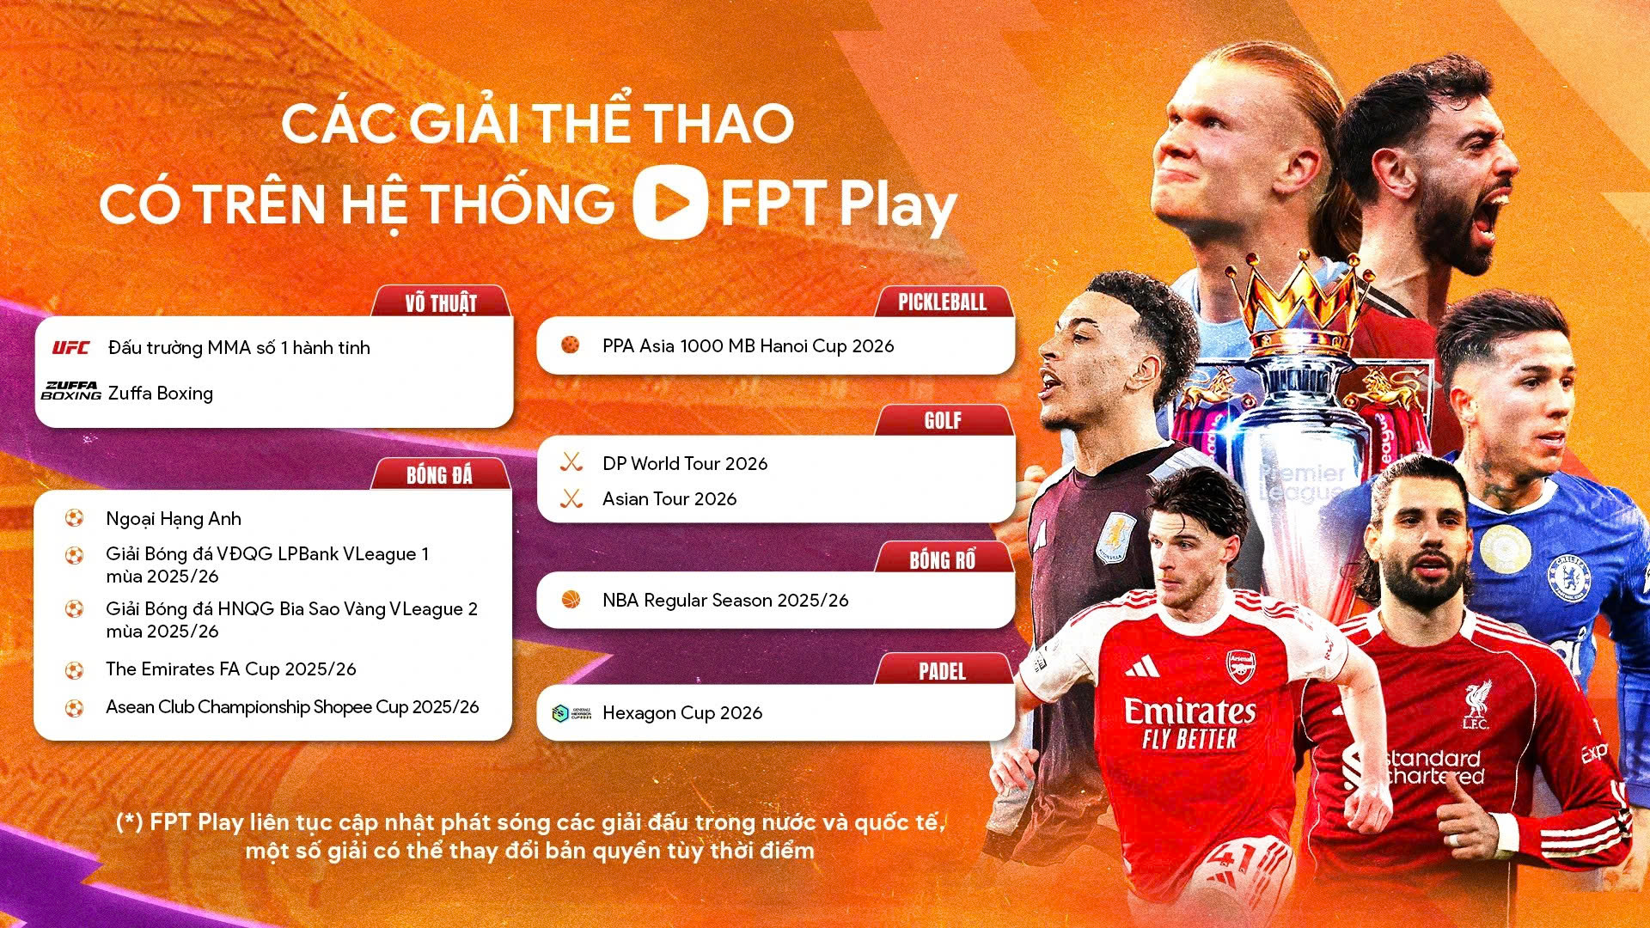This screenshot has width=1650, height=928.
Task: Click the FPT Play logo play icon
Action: coord(670,201)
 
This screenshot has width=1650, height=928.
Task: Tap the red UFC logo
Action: coord(70,348)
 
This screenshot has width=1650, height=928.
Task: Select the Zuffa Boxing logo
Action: coord(71,392)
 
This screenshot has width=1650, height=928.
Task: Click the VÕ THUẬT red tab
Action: coord(441,302)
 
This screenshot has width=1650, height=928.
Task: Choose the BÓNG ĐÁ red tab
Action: coord(439,475)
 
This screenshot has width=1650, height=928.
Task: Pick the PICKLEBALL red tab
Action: coord(942,302)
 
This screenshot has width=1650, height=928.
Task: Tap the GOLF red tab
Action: coord(943,420)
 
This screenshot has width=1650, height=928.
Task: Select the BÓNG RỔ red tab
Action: coord(942,560)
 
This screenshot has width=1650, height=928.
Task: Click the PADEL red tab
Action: coord(942,671)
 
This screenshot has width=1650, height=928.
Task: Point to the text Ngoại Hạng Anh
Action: coord(174,519)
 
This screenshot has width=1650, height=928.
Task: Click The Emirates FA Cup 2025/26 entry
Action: coord(230,669)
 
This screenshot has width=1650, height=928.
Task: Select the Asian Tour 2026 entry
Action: coord(669,499)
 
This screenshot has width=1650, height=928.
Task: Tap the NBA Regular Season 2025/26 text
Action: coord(725,601)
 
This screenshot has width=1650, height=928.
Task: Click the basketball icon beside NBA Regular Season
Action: coord(571,600)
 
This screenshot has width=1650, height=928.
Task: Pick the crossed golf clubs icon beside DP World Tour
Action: coord(571,463)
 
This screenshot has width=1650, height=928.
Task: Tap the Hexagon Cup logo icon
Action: coord(571,713)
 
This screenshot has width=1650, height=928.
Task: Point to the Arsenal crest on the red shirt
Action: coord(1240,667)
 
